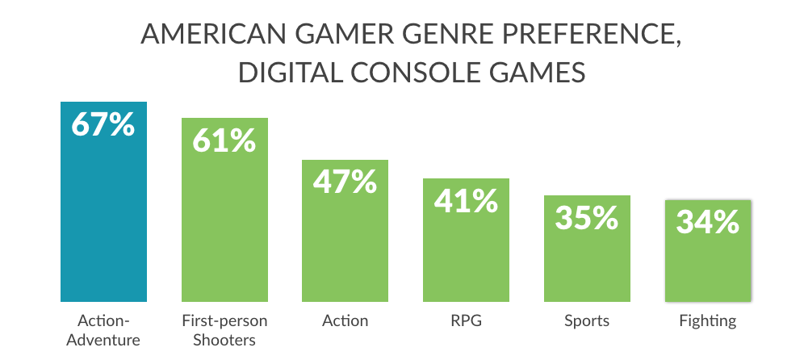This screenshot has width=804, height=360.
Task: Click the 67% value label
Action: (x=103, y=126)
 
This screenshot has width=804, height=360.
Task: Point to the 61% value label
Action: (x=224, y=141)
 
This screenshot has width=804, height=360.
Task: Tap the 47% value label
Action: (x=345, y=182)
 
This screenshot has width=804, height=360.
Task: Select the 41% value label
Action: (x=466, y=201)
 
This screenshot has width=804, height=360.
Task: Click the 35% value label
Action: (x=587, y=218)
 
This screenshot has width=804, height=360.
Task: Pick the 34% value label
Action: (x=708, y=222)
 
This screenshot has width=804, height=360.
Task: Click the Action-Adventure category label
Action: (x=103, y=330)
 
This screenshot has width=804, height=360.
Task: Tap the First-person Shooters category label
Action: (x=224, y=330)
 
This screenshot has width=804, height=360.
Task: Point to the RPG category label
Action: (x=466, y=321)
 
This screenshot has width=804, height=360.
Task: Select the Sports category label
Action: (x=587, y=321)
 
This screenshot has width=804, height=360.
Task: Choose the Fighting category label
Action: (x=708, y=321)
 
